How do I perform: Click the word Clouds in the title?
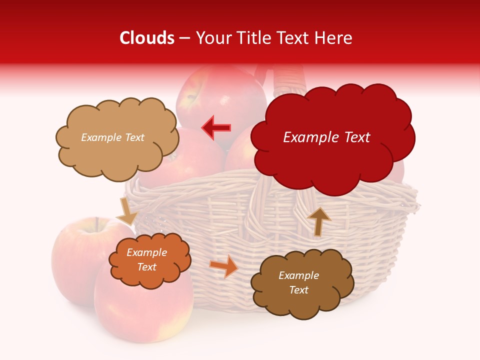click(147, 38)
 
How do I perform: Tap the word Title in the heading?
click(255, 38)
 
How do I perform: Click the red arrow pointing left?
click(216, 127)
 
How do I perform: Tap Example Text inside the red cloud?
click(326, 137)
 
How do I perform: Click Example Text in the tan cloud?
click(112, 137)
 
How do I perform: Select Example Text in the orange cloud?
click(147, 260)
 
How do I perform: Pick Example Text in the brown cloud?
click(298, 282)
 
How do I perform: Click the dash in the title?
click(184, 38)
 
